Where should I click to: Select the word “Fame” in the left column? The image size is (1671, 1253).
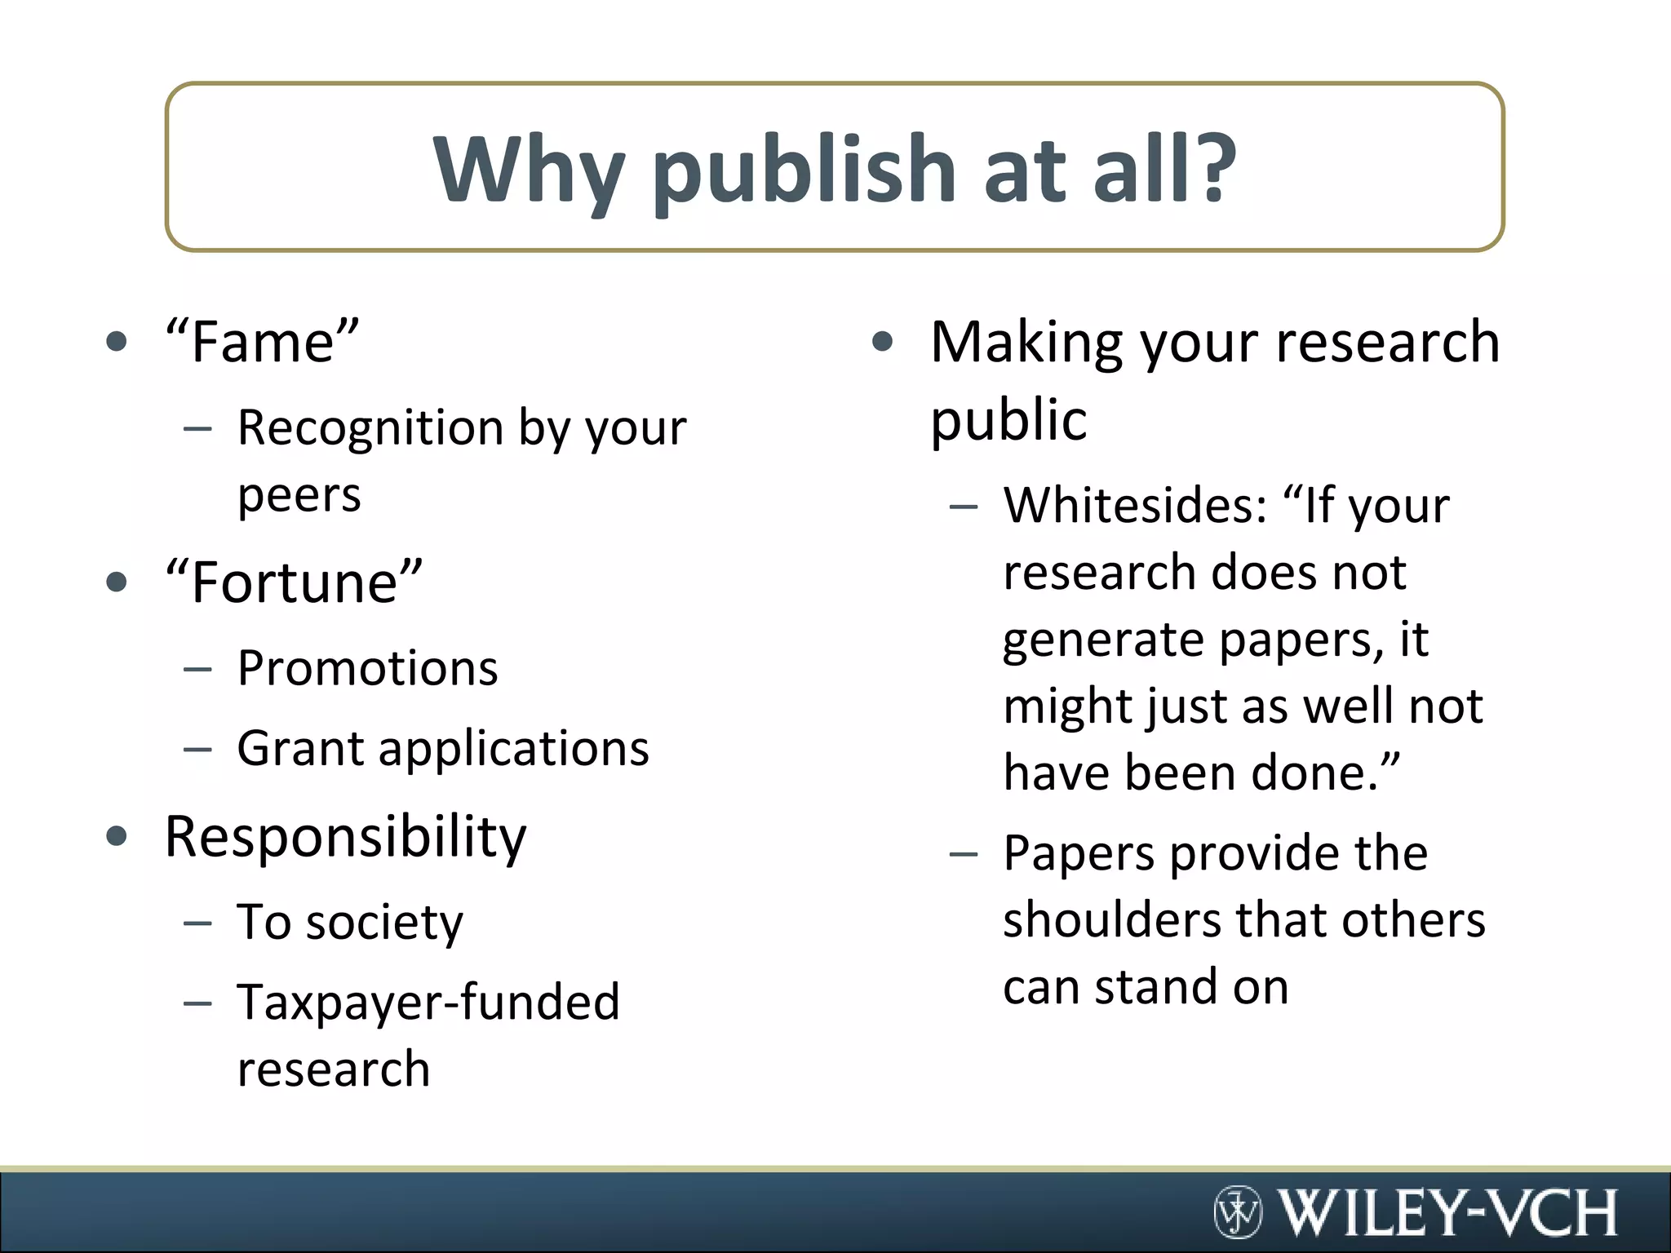click(262, 342)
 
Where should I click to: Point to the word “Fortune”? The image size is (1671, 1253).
click(294, 582)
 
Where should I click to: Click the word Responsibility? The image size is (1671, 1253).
click(346, 838)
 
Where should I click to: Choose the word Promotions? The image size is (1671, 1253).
click(367, 668)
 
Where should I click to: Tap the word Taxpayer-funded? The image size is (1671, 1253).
click(428, 1003)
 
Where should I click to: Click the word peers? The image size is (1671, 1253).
click(299, 495)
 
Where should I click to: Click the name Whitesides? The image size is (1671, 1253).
click(1135, 506)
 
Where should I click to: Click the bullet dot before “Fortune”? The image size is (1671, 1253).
click(117, 582)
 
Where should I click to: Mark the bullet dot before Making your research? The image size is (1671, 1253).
click(882, 342)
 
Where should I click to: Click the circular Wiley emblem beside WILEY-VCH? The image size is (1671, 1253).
click(1238, 1212)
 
